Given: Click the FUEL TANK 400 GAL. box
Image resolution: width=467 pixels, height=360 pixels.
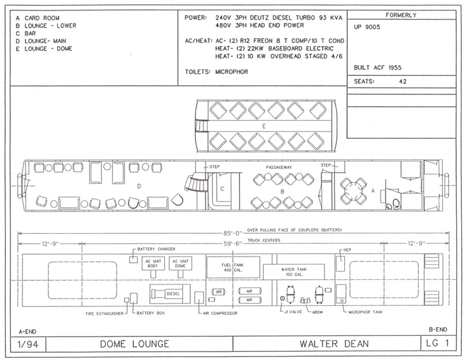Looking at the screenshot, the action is tap(233, 267).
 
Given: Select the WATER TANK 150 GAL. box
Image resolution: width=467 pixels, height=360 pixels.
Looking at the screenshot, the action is tap(293, 272).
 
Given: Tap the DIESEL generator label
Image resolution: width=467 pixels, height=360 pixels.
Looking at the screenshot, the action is tap(173, 294).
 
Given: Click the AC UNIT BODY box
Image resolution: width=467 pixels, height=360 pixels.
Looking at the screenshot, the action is tap(153, 263).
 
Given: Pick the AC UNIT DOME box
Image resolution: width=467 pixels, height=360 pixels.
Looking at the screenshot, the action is tap(180, 263).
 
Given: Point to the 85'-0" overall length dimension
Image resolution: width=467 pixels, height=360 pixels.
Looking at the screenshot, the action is tap(233, 233).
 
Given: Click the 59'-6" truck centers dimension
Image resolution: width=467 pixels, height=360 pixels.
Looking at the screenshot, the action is tap(233, 244).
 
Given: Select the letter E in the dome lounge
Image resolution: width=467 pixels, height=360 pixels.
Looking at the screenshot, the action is tap(264, 127).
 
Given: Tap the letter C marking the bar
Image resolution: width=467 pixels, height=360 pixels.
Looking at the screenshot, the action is tap(222, 189).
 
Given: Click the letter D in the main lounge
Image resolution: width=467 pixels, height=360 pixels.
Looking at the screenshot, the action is tap(139, 186).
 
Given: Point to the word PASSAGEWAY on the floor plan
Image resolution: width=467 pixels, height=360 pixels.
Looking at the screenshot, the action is tap(279, 167).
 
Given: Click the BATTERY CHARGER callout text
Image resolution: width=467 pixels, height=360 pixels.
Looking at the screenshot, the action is tap(156, 249).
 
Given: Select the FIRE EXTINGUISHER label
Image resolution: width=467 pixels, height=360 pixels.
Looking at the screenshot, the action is tap(104, 313).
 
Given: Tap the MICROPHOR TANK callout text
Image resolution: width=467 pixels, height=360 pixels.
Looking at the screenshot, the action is tap(366, 312).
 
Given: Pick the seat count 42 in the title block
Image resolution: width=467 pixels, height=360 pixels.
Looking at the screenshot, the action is tap(402, 82).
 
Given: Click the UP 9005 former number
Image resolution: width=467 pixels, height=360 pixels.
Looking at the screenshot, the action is tap(367, 27).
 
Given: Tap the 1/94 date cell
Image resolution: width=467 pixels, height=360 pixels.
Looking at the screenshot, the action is tap(28, 344).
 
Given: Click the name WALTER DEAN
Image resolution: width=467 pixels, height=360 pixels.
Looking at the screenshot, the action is tap(334, 344).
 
